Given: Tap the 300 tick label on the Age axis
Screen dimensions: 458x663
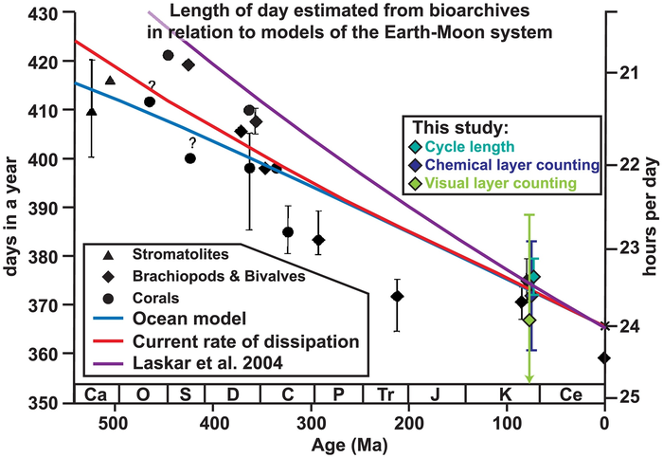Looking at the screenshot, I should [x=312, y=415].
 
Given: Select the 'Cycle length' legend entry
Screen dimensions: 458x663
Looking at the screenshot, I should [x=470, y=146].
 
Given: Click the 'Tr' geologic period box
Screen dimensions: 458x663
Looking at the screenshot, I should [x=385, y=394].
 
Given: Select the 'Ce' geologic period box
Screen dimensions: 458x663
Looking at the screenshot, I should [x=571, y=394].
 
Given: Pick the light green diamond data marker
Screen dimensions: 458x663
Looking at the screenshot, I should [x=529, y=320].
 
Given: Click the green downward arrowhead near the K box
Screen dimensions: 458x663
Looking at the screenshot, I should [x=529, y=379].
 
